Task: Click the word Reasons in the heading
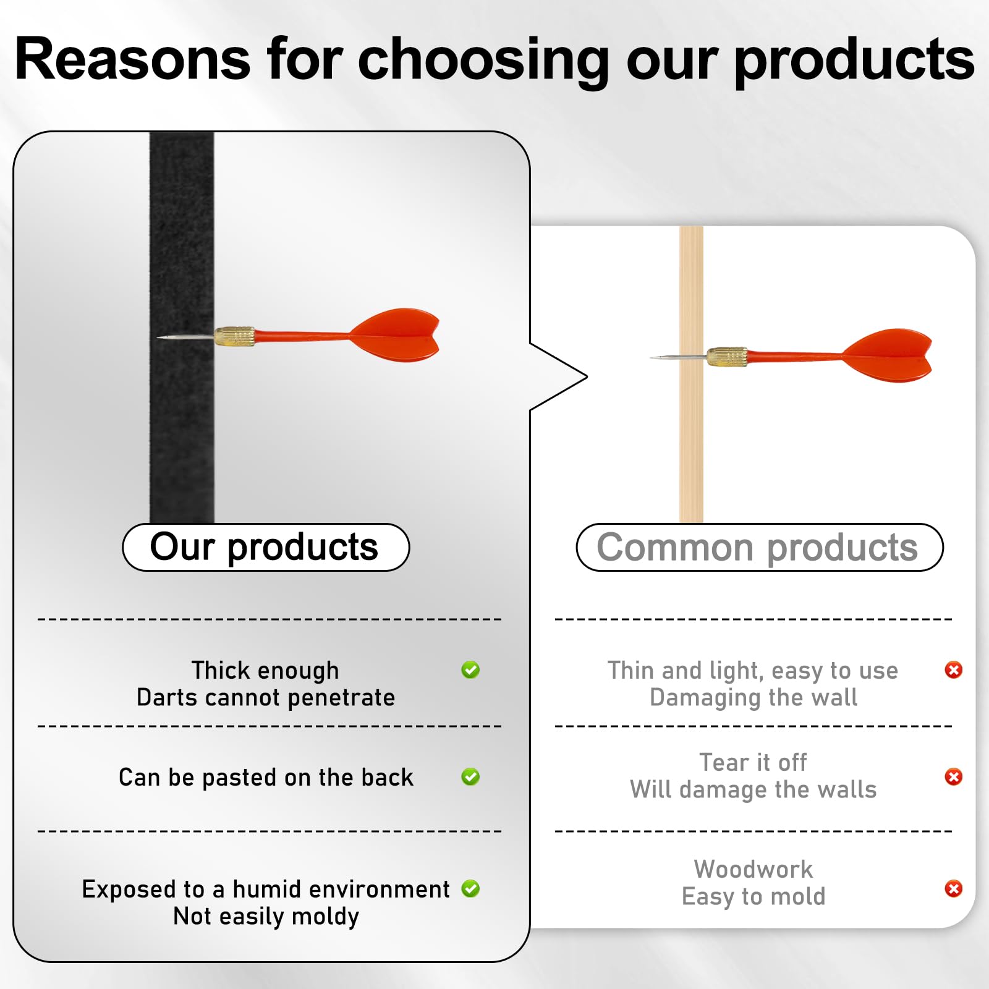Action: pos(133,59)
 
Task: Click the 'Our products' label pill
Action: pos(266,547)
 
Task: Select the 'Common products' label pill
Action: pos(760,547)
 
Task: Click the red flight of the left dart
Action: pos(396,334)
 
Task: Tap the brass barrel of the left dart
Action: pos(234,336)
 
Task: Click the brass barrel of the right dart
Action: pos(726,357)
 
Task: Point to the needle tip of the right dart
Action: pos(651,357)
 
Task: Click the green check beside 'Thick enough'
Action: pos(470,669)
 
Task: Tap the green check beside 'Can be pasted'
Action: pos(470,776)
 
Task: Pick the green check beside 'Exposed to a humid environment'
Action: pos(470,888)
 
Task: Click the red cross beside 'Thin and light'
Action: pos(954,669)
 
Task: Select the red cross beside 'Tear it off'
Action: pos(954,776)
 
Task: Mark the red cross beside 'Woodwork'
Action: pos(954,888)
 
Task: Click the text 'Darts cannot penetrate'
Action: pos(266,698)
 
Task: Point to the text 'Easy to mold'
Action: pos(753,896)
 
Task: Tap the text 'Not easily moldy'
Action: pos(266,917)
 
